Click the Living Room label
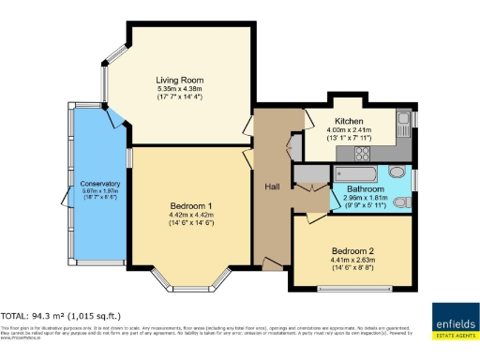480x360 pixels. coord(180,81)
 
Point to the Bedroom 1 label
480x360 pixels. coord(190,205)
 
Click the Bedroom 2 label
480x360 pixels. coord(352,250)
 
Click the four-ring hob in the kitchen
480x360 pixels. coord(361,152)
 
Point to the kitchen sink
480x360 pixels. coord(402,120)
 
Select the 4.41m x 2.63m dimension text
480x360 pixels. coord(352,262)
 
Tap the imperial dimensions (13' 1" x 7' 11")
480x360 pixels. coord(349,139)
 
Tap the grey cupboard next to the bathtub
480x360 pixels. coord(308,173)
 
